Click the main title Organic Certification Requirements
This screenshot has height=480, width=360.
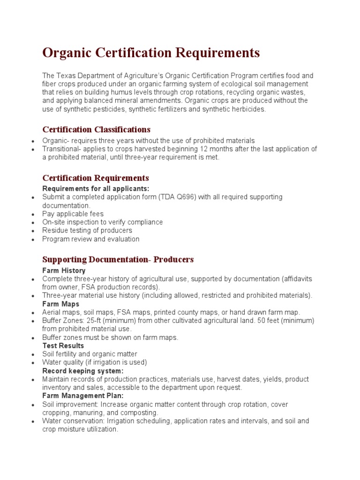(151, 53)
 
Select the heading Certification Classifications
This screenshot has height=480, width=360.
(96, 129)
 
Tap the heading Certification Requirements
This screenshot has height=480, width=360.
(96, 178)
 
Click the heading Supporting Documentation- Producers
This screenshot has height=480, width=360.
(118, 260)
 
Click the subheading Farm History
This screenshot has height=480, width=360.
(64, 270)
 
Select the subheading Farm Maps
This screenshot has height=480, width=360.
(61, 304)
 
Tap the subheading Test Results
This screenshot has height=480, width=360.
(63, 346)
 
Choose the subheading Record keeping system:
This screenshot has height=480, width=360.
(83, 371)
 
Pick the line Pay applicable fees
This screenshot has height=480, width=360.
(73, 214)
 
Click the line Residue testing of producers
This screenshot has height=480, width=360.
(87, 231)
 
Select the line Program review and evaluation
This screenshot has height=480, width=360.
(91, 239)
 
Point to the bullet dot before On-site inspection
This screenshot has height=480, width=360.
(32, 223)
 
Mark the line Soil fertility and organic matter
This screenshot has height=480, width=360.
(90, 354)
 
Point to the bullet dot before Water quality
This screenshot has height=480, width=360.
(32, 363)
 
